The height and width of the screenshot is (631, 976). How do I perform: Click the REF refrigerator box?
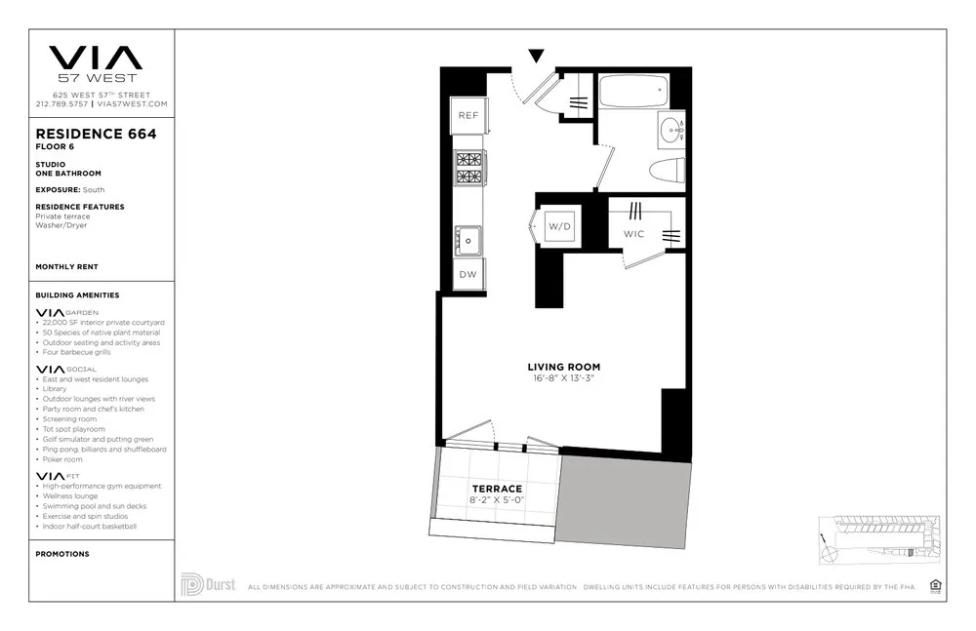tap(468, 116)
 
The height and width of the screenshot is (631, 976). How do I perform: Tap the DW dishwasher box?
tap(468, 274)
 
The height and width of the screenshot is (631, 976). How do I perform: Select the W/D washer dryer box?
tap(558, 226)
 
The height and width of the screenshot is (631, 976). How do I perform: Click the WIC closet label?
tap(634, 234)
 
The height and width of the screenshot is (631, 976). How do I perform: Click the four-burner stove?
tap(469, 169)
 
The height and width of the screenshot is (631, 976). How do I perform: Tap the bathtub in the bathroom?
tap(632, 93)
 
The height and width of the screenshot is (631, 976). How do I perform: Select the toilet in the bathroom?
tap(667, 172)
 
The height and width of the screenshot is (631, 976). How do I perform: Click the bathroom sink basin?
tap(671, 128)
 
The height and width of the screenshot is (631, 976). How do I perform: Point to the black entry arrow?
tap(536, 56)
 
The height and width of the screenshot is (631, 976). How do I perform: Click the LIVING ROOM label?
tap(565, 367)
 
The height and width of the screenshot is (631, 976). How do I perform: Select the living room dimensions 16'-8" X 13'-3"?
tap(565, 378)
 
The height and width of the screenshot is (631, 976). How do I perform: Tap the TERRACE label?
tap(497, 489)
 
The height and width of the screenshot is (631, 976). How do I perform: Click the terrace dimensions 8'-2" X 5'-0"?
tap(497, 500)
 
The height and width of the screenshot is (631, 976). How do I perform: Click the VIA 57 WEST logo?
tap(96, 63)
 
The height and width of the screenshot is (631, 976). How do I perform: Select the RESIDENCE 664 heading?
tap(96, 134)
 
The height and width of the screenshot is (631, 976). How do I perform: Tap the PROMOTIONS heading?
tap(62, 554)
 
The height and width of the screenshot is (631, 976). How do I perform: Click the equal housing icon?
tap(936, 585)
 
